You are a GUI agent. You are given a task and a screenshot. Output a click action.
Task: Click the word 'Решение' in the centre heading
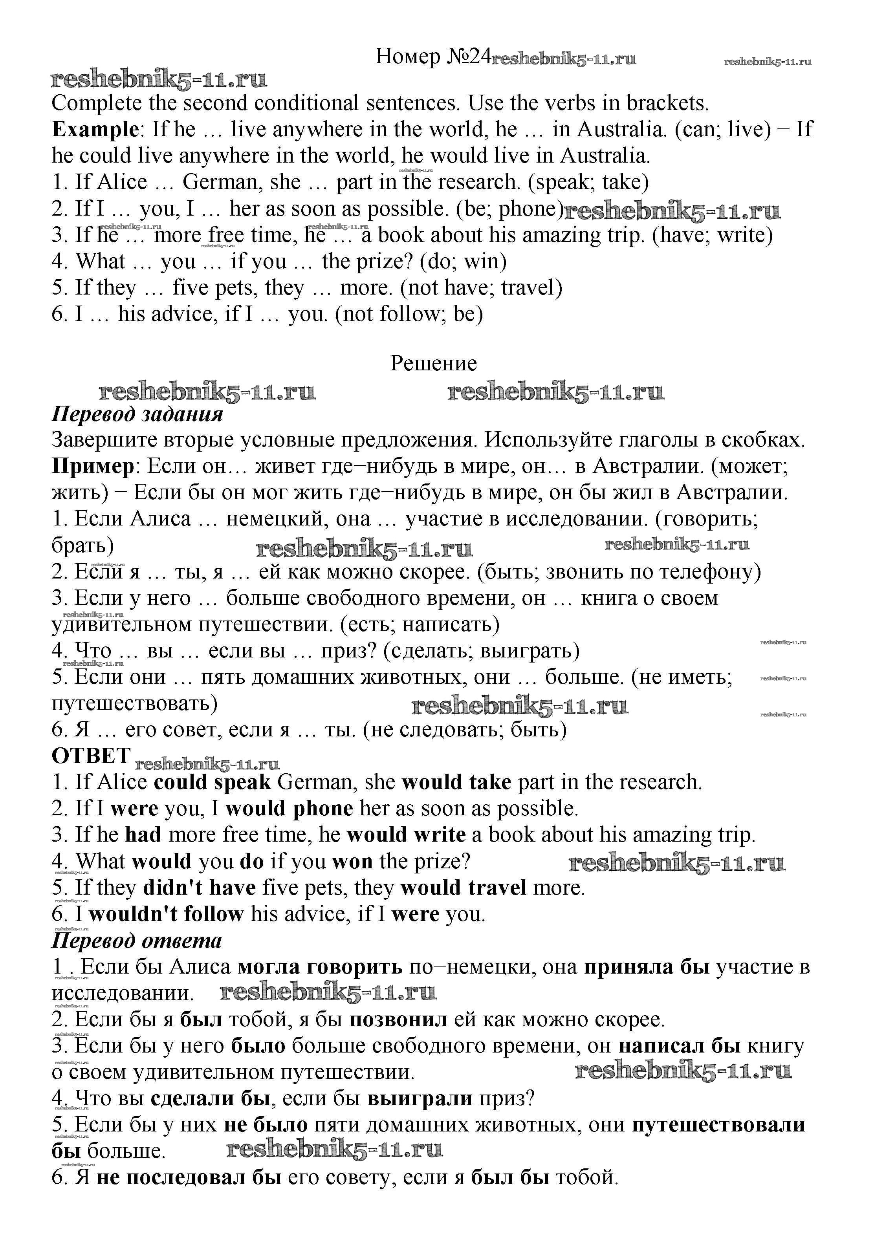point(433,363)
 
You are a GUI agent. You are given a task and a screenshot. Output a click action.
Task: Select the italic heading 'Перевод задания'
point(137,414)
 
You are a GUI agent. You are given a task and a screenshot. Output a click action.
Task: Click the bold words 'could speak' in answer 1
point(213,782)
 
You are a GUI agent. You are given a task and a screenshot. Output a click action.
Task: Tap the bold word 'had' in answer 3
point(143,835)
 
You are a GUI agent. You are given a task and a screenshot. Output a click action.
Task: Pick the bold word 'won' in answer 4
point(352,861)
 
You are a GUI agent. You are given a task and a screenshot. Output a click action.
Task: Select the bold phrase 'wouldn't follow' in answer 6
point(167,914)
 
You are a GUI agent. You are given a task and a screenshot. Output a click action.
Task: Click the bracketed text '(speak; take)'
point(588,182)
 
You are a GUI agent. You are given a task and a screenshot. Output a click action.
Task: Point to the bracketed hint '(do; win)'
point(463,261)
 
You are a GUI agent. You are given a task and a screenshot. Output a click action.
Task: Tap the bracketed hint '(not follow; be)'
point(409,314)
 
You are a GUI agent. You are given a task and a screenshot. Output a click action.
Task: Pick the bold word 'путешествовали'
point(719,1124)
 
